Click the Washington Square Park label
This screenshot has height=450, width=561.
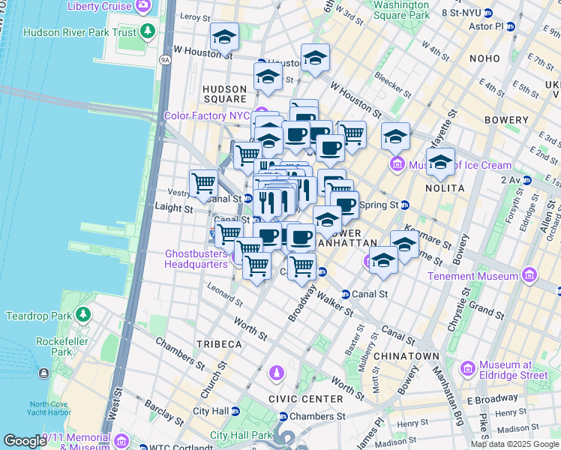pyautogui.click(x=401, y=9)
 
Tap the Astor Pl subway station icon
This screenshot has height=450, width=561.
pyautogui.click(x=511, y=26)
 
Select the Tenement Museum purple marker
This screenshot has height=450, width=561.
pyautogui.click(x=531, y=274)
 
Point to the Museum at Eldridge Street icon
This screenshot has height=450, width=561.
pyautogui.click(x=468, y=368)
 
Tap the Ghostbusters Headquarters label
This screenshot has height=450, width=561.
pyautogui.click(x=196, y=259)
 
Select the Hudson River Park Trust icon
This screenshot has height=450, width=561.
pyautogui.click(x=148, y=31)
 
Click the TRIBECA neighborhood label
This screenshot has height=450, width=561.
pyautogui.click(x=219, y=343)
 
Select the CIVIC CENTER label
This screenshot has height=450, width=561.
pyautogui.click(x=303, y=399)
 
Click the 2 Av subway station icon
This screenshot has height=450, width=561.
pyautogui.click(x=527, y=180)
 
